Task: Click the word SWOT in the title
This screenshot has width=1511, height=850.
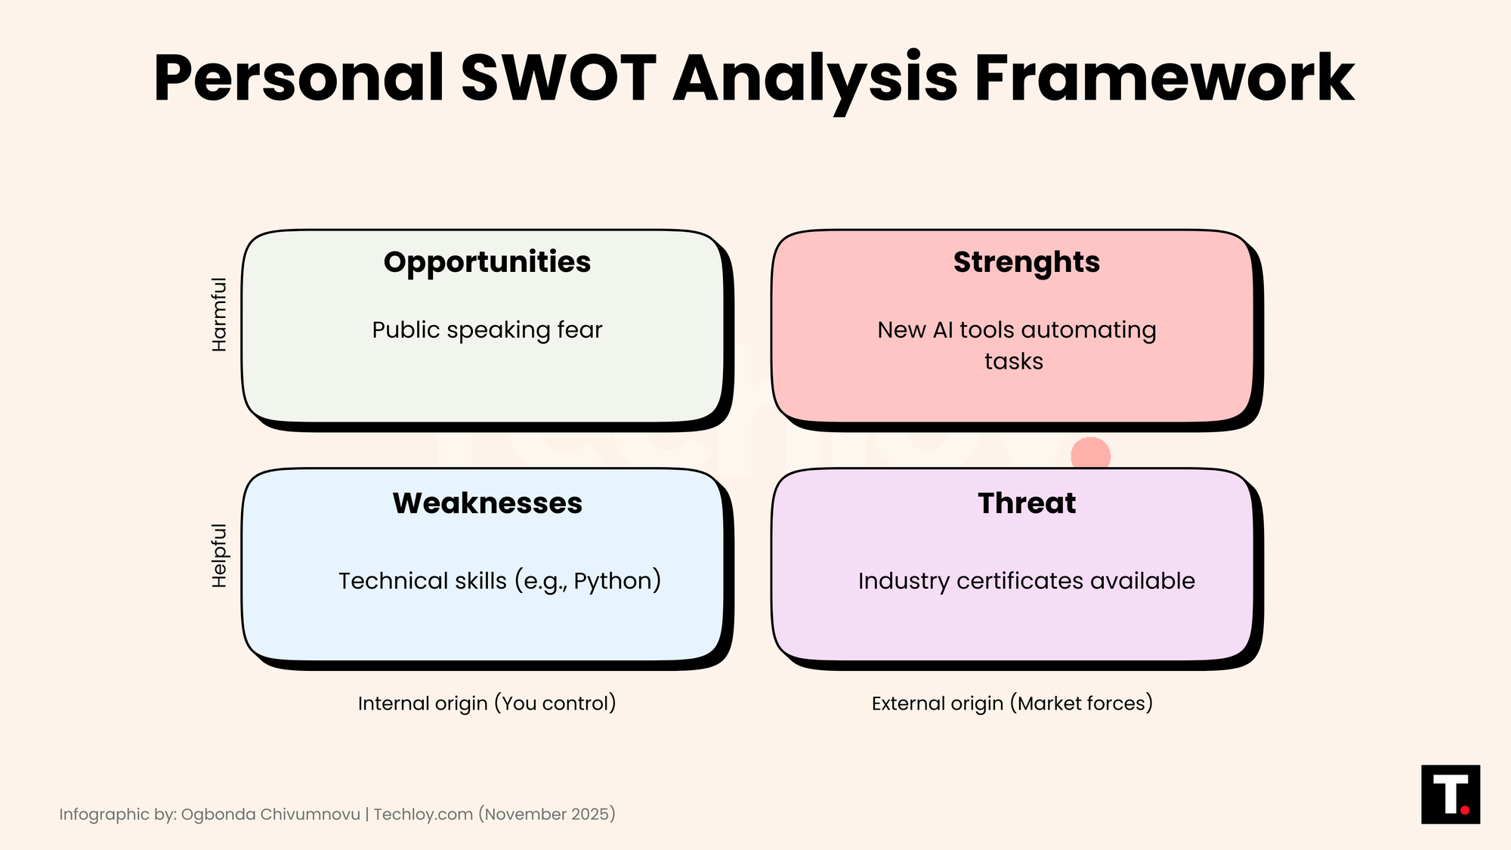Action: click(x=558, y=78)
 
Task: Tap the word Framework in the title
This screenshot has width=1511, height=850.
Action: click(x=1164, y=78)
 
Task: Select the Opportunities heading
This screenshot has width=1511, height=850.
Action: click(x=487, y=263)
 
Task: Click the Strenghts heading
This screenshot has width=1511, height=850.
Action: click(x=1027, y=263)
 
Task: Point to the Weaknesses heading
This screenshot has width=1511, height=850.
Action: click(x=487, y=503)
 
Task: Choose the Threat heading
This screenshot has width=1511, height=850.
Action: click(x=1027, y=503)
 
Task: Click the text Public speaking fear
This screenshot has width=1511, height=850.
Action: click(x=487, y=331)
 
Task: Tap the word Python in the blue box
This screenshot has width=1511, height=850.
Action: click(x=613, y=582)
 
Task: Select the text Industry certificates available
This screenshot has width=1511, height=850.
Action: click(x=1027, y=581)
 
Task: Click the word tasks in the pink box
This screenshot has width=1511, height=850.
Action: click(x=1014, y=362)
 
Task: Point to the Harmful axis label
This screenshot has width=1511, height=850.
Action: click(x=219, y=314)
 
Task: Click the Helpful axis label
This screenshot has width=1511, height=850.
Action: click(x=219, y=555)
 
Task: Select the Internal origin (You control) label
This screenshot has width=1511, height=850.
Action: click(x=487, y=703)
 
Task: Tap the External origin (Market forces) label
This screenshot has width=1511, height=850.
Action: click(x=1012, y=703)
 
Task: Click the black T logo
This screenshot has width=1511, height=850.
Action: click(x=1451, y=794)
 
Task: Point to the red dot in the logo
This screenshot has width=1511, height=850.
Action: click(x=1465, y=810)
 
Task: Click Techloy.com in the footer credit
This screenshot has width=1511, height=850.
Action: click(x=423, y=814)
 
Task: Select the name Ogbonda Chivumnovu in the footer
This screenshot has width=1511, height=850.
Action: click(x=270, y=814)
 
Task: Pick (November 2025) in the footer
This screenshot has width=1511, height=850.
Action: click(x=547, y=814)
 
